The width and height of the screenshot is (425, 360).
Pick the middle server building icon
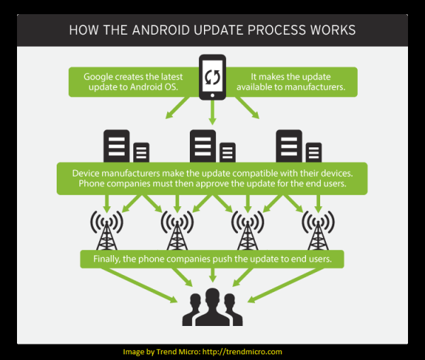coord(212,147)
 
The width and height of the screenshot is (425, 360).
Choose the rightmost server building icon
coord(297,147)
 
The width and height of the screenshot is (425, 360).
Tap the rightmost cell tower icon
coord(318,229)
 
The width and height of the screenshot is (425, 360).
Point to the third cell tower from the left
coord(248,229)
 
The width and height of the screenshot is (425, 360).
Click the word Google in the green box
coord(101,76)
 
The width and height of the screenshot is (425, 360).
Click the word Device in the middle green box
coord(87,173)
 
